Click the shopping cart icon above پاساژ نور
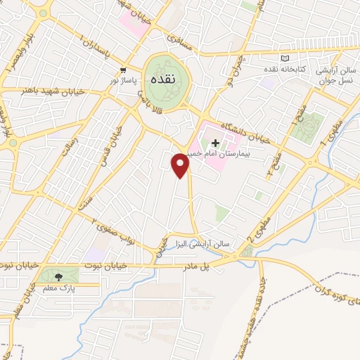pos(124,70)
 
